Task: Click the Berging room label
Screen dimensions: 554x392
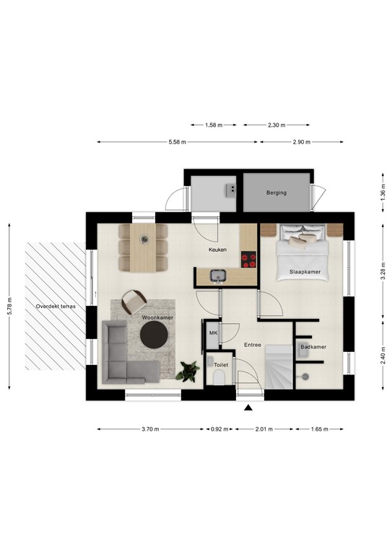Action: point(276,193)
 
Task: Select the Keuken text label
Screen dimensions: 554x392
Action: point(217,249)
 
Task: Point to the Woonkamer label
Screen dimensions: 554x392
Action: point(157,317)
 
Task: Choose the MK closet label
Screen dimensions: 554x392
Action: point(213,333)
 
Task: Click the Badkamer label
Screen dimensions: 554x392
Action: point(313,347)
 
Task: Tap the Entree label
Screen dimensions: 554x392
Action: point(252,345)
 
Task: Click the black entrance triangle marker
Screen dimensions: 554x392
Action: point(248,408)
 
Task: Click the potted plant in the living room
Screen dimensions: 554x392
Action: point(188,370)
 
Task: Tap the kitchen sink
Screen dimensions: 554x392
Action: point(219,275)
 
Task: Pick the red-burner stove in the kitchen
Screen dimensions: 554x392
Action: point(250,258)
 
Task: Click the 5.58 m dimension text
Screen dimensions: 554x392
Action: point(178,142)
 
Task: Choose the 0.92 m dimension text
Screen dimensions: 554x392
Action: point(219,429)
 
